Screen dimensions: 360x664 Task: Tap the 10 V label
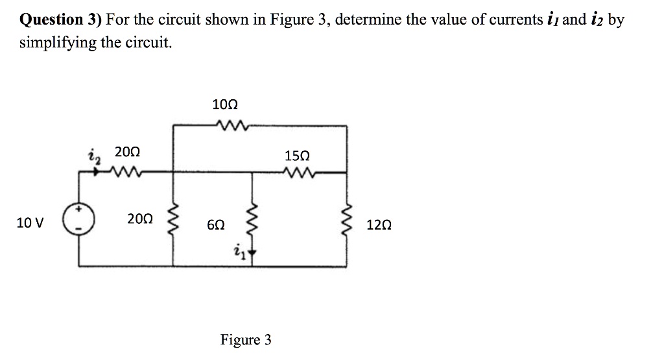coord(30,224)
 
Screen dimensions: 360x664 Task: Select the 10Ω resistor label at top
coord(225,104)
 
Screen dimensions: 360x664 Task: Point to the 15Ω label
coord(297,156)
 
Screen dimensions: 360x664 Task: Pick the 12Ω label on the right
coord(379,225)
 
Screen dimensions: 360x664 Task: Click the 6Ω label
coord(216,225)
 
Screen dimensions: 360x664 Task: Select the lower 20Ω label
coord(140,219)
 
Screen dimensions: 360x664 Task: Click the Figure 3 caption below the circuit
coord(246,340)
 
